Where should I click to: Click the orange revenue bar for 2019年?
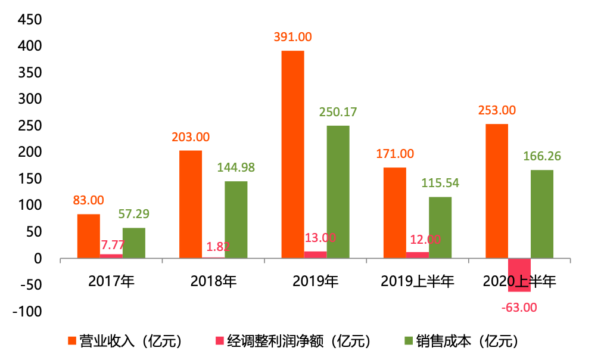[292, 154]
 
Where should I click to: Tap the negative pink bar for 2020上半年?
[519, 275]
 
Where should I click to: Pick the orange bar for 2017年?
[89, 236]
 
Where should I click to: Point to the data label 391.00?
[292, 37]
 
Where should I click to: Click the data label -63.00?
[519, 308]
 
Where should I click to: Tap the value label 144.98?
[235, 167]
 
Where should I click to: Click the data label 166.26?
[542, 156]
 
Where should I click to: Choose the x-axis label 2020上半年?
[519, 281]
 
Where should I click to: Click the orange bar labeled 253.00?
[497, 191]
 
